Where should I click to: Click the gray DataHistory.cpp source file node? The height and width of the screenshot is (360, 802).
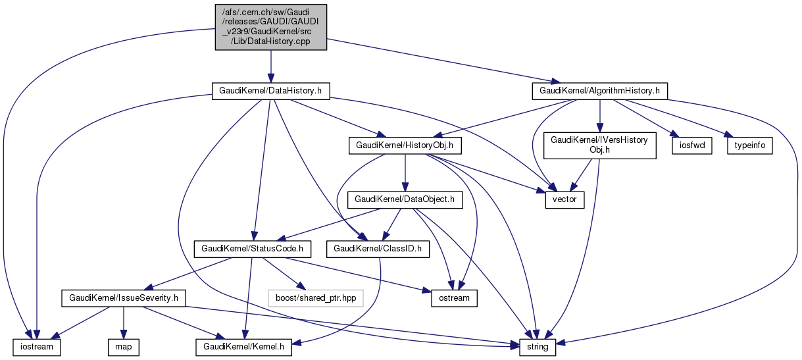271,26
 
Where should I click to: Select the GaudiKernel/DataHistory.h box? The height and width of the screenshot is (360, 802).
270,90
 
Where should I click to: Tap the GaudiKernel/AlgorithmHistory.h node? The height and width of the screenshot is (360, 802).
599,90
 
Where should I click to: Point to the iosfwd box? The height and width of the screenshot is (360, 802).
687,145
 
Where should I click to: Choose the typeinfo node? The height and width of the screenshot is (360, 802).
749,145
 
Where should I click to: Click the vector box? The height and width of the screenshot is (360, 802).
564,199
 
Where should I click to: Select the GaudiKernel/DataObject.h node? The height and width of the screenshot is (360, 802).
405,199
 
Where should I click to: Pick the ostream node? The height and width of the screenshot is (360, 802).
454,298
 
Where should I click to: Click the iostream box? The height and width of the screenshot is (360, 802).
36,346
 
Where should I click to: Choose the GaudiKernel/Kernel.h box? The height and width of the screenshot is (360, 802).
243,346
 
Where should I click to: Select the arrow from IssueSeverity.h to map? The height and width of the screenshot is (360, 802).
122,322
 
